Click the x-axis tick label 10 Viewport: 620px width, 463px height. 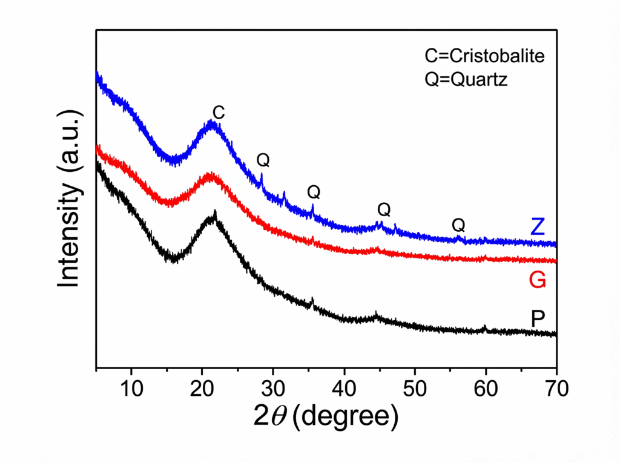(x=131, y=387)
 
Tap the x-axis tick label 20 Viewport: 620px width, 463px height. (x=202, y=387)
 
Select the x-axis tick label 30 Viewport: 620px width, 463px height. (x=273, y=387)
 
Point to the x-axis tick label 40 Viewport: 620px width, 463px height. (x=344, y=387)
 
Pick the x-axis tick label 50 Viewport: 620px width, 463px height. (x=415, y=387)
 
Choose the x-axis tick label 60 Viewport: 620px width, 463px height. (x=486, y=387)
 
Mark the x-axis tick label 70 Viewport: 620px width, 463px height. (x=556, y=387)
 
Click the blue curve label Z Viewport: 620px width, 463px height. (x=537, y=226)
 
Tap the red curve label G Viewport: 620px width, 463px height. (x=537, y=280)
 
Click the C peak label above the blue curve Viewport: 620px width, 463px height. (x=219, y=112)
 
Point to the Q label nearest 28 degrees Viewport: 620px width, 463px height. (x=263, y=160)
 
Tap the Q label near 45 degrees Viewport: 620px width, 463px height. (x=384, y=210)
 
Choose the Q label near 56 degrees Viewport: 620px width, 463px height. (x=458, y=226)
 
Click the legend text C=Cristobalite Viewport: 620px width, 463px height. (x=484, y=56)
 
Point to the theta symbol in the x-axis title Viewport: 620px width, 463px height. (x=282, y=416)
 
